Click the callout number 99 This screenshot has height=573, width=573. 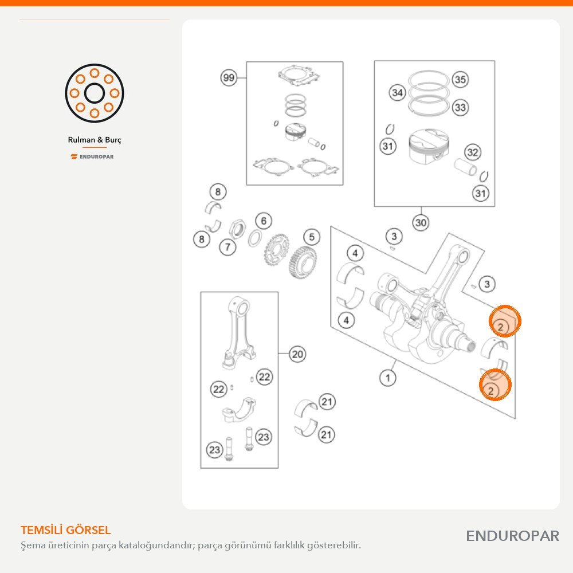click(229, 77)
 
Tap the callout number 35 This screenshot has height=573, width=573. click(460, 79)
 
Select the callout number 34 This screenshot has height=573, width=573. click(397, 92)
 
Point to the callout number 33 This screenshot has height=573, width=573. click(460, 108)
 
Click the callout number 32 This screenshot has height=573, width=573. click(473, 152)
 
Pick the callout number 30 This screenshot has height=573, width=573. click(421, 222)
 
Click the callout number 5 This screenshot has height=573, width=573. click(311, 237)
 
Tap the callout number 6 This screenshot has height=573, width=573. click(264, 221)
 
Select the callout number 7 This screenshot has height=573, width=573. click(227, 247)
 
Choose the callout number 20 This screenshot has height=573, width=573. click(297, 354)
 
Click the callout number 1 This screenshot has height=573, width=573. click(388, 378)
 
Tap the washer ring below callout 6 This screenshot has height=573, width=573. click(256, 238)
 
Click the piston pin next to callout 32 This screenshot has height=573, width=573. click(465, 167)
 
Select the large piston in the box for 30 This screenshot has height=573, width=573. click(428, 146)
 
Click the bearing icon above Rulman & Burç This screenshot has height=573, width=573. click(95, 93)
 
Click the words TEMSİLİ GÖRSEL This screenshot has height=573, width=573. click(66, 530)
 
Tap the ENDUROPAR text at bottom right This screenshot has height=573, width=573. click(512, 536)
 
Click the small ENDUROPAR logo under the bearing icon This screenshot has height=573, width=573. click(92, 157)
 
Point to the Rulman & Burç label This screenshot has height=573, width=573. click(95, 140)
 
